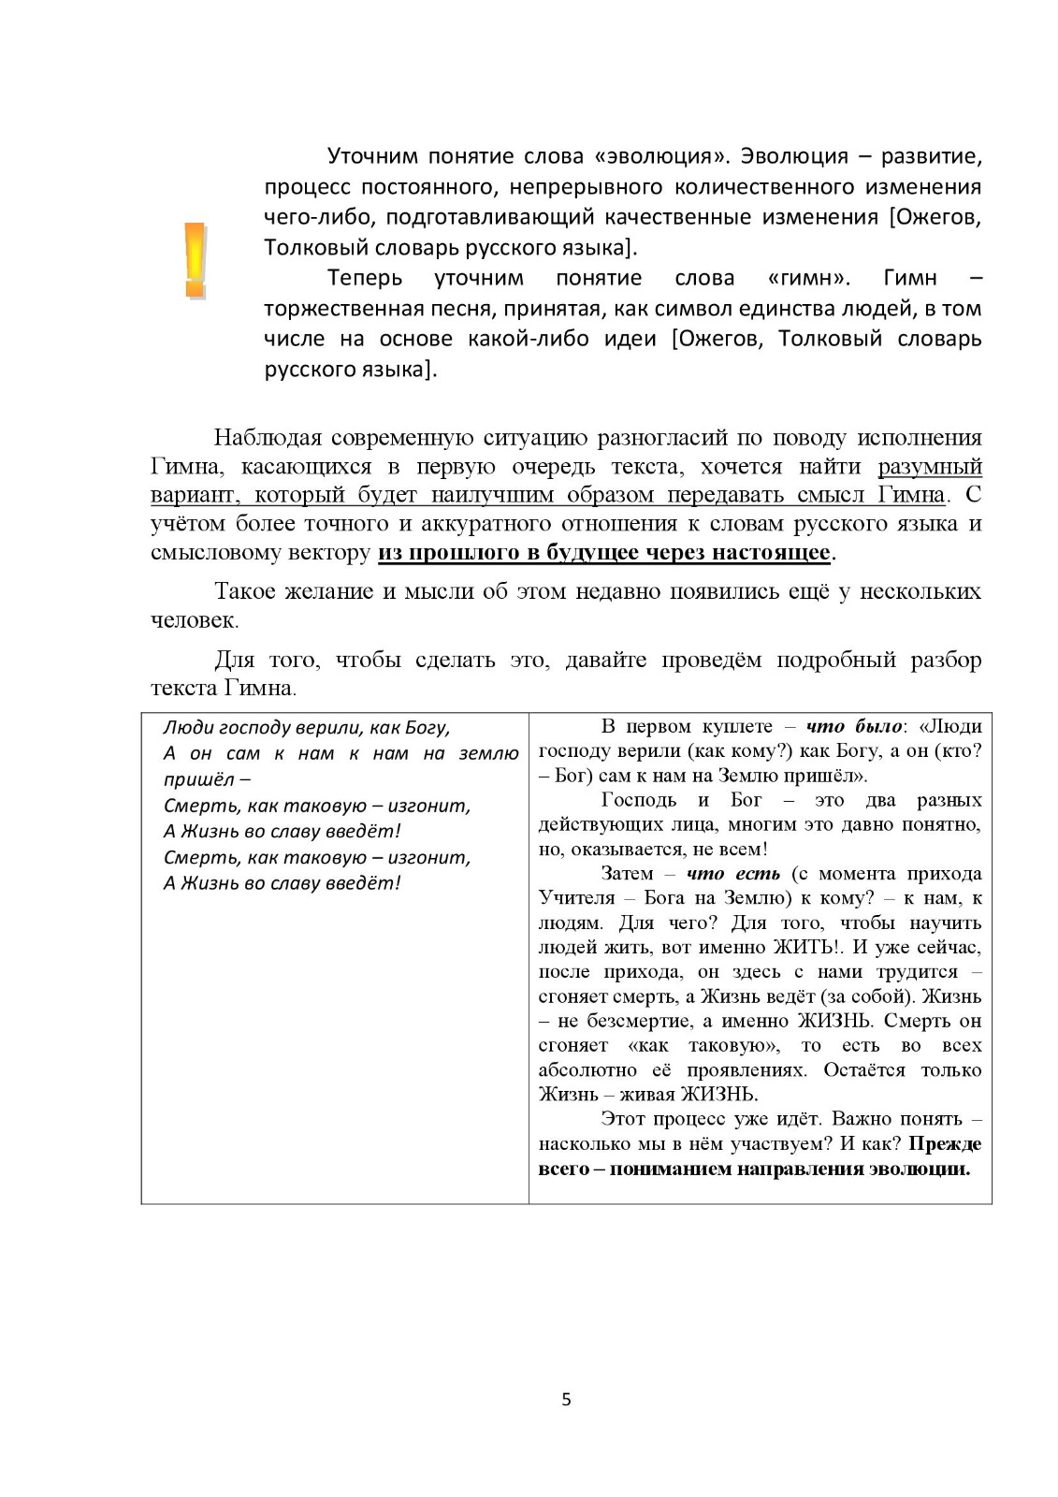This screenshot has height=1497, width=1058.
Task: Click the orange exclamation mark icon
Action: click(195, 260)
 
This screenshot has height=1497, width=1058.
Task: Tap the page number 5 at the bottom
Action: click(566, 1400)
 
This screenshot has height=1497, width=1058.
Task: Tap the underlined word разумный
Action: click(930, 466)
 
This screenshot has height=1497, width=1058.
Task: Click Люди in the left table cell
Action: click(184, 728)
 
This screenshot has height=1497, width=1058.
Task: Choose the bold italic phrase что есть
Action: click(733, 874)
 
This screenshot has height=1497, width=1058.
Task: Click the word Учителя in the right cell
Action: click(572, 898)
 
